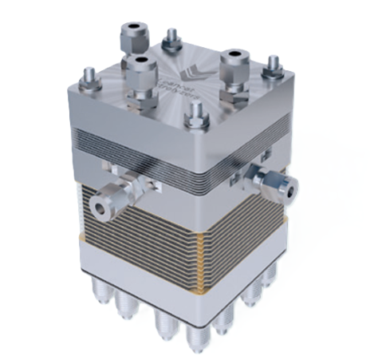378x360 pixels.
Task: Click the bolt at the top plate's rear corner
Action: [x=171, y=37]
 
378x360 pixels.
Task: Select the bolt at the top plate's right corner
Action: [x=272, y=66]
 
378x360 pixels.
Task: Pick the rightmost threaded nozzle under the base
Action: [x=270, y=275]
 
